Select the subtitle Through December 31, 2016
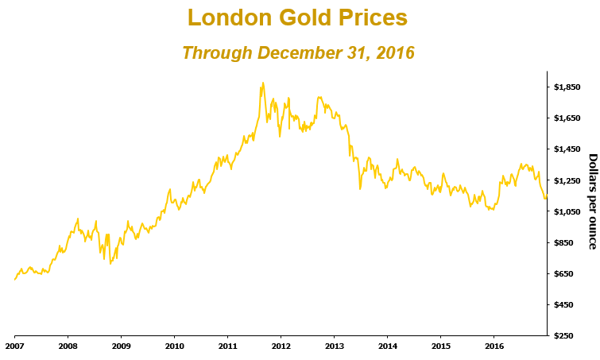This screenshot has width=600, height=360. pyautogui.click(x=298, y=53)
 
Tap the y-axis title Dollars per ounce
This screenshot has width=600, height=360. pyautogui.click(x=591, y=201)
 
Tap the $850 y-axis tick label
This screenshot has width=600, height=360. pyautogui.click(x=565, y=242)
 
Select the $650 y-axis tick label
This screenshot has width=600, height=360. pyautogui.click(x=565, y=273)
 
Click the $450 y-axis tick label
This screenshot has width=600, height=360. pyautogui.click(x=565, y=304)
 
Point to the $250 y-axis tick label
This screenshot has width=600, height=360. pyautogui.click(x=565, y=335)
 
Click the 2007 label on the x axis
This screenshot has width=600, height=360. pyautogui.click(x=15, y=346)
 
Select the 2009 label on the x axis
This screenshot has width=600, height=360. pyautogui.click(x=122, y=346)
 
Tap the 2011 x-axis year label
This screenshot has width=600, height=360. pyautogui.click(x=228, y=346)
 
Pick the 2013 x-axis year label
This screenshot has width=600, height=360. pyautogui.click(x=335, y=346)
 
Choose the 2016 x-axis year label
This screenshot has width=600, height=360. pyautogui.click(x=494, y=346)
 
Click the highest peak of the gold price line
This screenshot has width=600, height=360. pyautogui.click(x=262, y=83)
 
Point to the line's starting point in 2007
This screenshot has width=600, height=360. pyautogui.click(x=15, y=279)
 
